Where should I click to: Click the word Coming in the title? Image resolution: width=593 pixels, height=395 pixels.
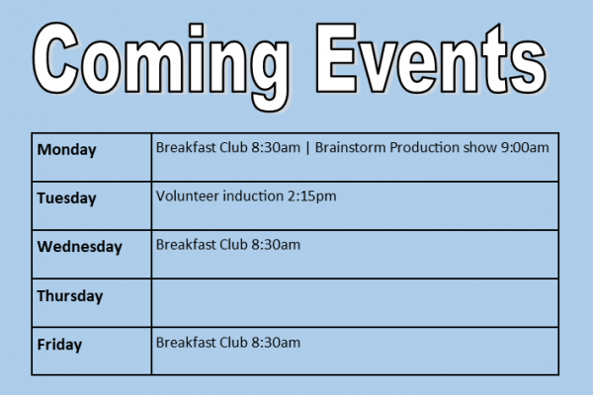click(x=161, y=64)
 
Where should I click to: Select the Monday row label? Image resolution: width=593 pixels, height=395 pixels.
click(x=66, y=150)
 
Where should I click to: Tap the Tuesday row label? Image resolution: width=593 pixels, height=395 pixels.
click(x=66, y=198)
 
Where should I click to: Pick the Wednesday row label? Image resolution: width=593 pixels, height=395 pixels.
click(x=79, y=247)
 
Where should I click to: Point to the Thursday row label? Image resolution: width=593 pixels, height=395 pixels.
click(x=70, y=296)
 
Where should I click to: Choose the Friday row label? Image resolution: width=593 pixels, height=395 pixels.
click(x=59, y=345)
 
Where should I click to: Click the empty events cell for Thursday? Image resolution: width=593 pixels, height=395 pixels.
click(x=355, y=303)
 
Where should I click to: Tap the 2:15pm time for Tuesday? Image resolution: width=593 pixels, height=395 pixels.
click(x=311, y=197)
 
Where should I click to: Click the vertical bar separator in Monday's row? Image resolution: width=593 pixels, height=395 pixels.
click(x=307, y=148)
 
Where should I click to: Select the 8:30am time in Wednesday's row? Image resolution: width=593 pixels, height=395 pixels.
click(x=276, y=245)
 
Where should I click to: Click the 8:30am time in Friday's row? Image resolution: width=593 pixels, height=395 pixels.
click(x=276, y=343)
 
